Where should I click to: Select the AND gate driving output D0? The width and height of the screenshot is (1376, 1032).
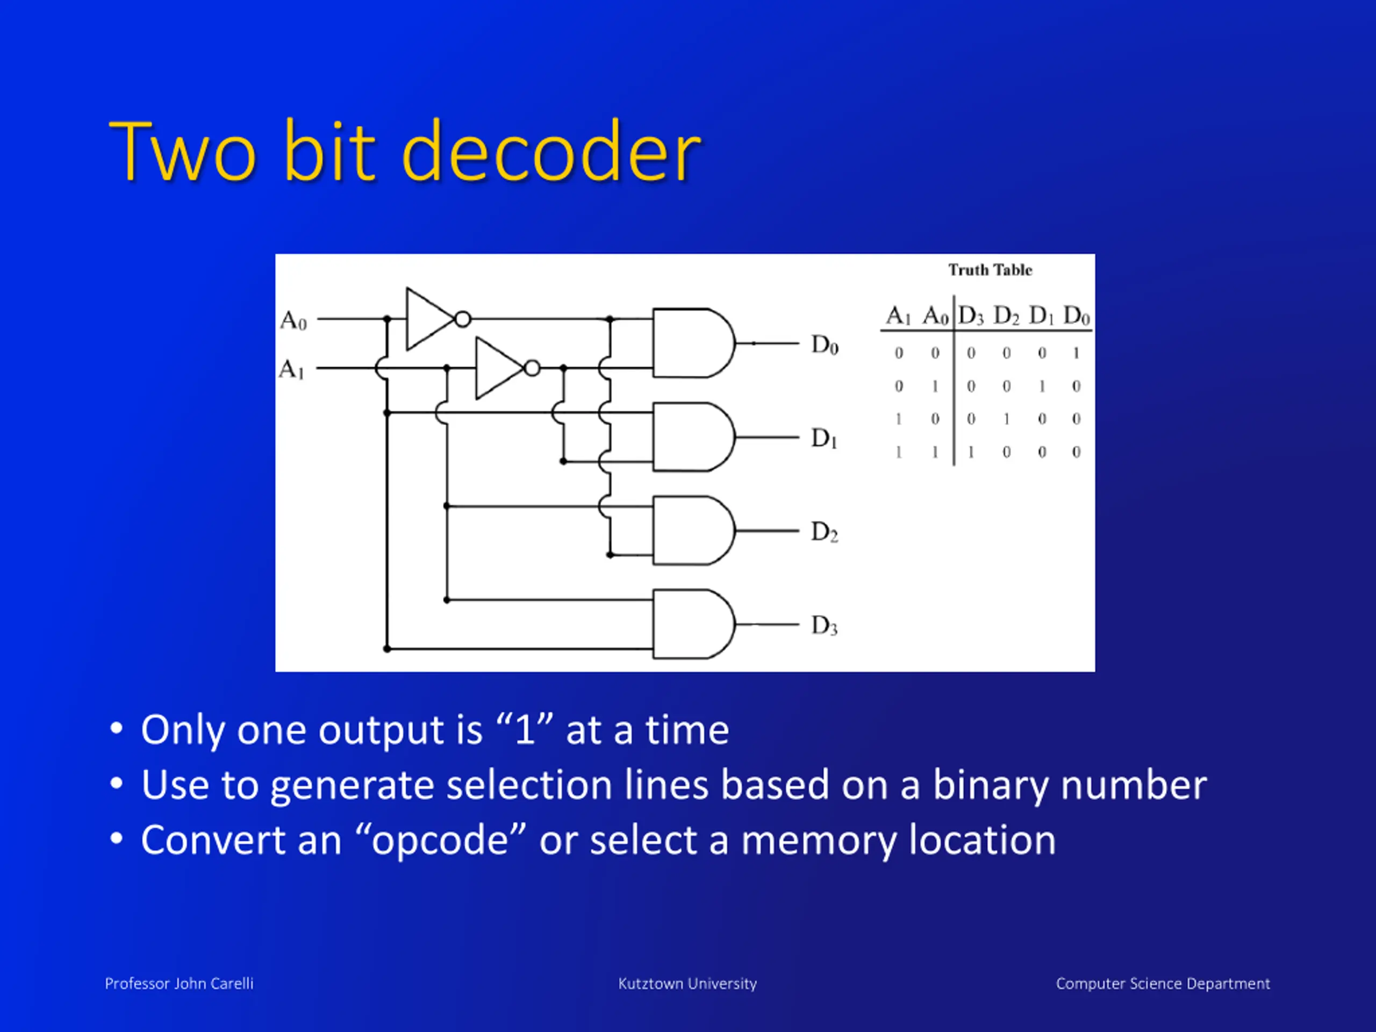click(x=691, y=343)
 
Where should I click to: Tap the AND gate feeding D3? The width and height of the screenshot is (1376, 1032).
click(x=691, y=624)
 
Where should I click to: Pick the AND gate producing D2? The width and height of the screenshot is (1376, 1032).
click(x=691, y=531)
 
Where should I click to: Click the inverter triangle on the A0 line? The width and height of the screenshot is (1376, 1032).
click(x=429, y=319)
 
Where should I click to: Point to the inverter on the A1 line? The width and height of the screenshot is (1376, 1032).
click(x=499, y=368)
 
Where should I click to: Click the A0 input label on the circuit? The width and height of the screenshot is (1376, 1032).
click(x=293, y=320)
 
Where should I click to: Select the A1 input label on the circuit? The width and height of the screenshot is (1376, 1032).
click(x=292, y=369)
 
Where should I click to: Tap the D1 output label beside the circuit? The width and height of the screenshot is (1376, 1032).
click(x=824, y=439)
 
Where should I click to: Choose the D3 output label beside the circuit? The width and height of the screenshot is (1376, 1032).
click(x=824, y=625)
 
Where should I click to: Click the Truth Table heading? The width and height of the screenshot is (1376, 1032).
click(x=990, y=270)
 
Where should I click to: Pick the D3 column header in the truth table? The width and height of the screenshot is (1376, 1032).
click(x=970, y=316)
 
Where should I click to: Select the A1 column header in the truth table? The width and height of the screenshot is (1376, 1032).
click(x=898, y=316)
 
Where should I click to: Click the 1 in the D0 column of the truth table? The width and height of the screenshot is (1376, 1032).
click(x=1076, y=353)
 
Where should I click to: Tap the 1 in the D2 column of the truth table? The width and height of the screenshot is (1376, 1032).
click(x=1006, y=419)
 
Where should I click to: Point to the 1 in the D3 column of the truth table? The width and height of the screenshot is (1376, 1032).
click(x=970, y=451)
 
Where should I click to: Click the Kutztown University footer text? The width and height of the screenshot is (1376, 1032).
click(x=687, y=984)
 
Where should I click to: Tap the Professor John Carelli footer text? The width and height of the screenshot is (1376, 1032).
click(x=179, y=984)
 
